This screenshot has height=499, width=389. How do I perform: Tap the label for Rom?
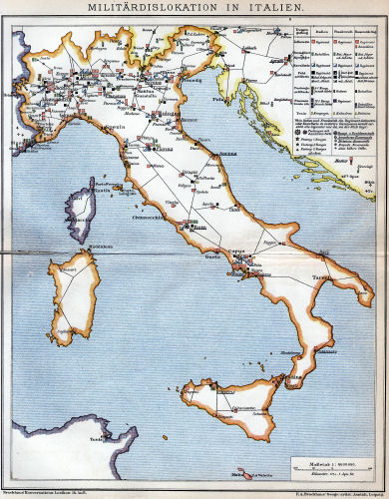click(198, 228)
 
